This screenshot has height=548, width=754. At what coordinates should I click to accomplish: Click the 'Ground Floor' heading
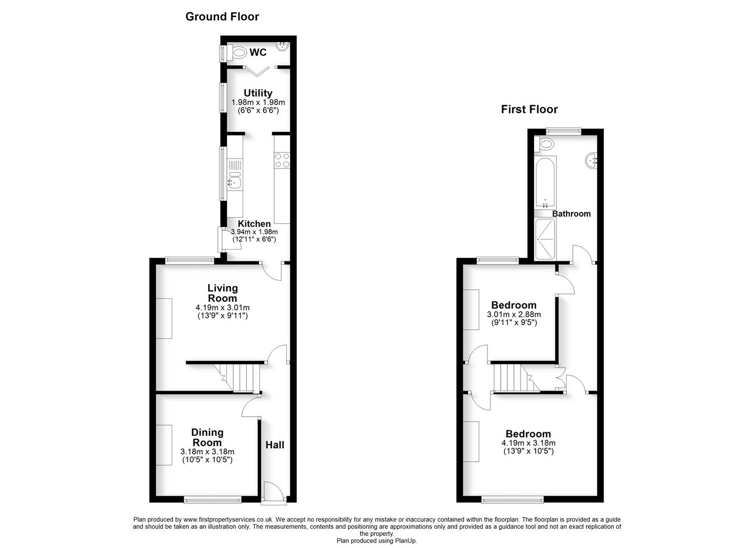point(222,17)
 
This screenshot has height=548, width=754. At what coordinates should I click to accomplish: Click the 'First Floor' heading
point(529,110)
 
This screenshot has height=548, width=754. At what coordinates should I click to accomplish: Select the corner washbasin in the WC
point(282,46)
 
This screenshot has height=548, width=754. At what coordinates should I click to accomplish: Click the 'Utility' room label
point(258,93)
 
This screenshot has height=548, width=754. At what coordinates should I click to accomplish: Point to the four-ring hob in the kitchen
point(282,160)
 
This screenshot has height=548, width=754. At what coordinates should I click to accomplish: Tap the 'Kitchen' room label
point(254,224)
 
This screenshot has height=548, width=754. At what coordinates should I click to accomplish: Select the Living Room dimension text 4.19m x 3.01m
point(222,307)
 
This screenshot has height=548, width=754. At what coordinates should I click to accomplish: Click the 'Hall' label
point(275,445)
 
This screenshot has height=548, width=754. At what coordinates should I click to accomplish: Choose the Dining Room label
point(207,437)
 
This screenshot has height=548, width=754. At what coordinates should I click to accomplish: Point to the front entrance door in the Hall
point(272,492)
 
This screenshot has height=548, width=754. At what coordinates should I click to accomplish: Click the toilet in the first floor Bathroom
point(544,144)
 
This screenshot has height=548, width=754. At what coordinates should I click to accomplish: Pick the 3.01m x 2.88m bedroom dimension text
point(514,315)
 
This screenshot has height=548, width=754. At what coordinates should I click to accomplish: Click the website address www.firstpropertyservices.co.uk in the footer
point(228,520)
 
